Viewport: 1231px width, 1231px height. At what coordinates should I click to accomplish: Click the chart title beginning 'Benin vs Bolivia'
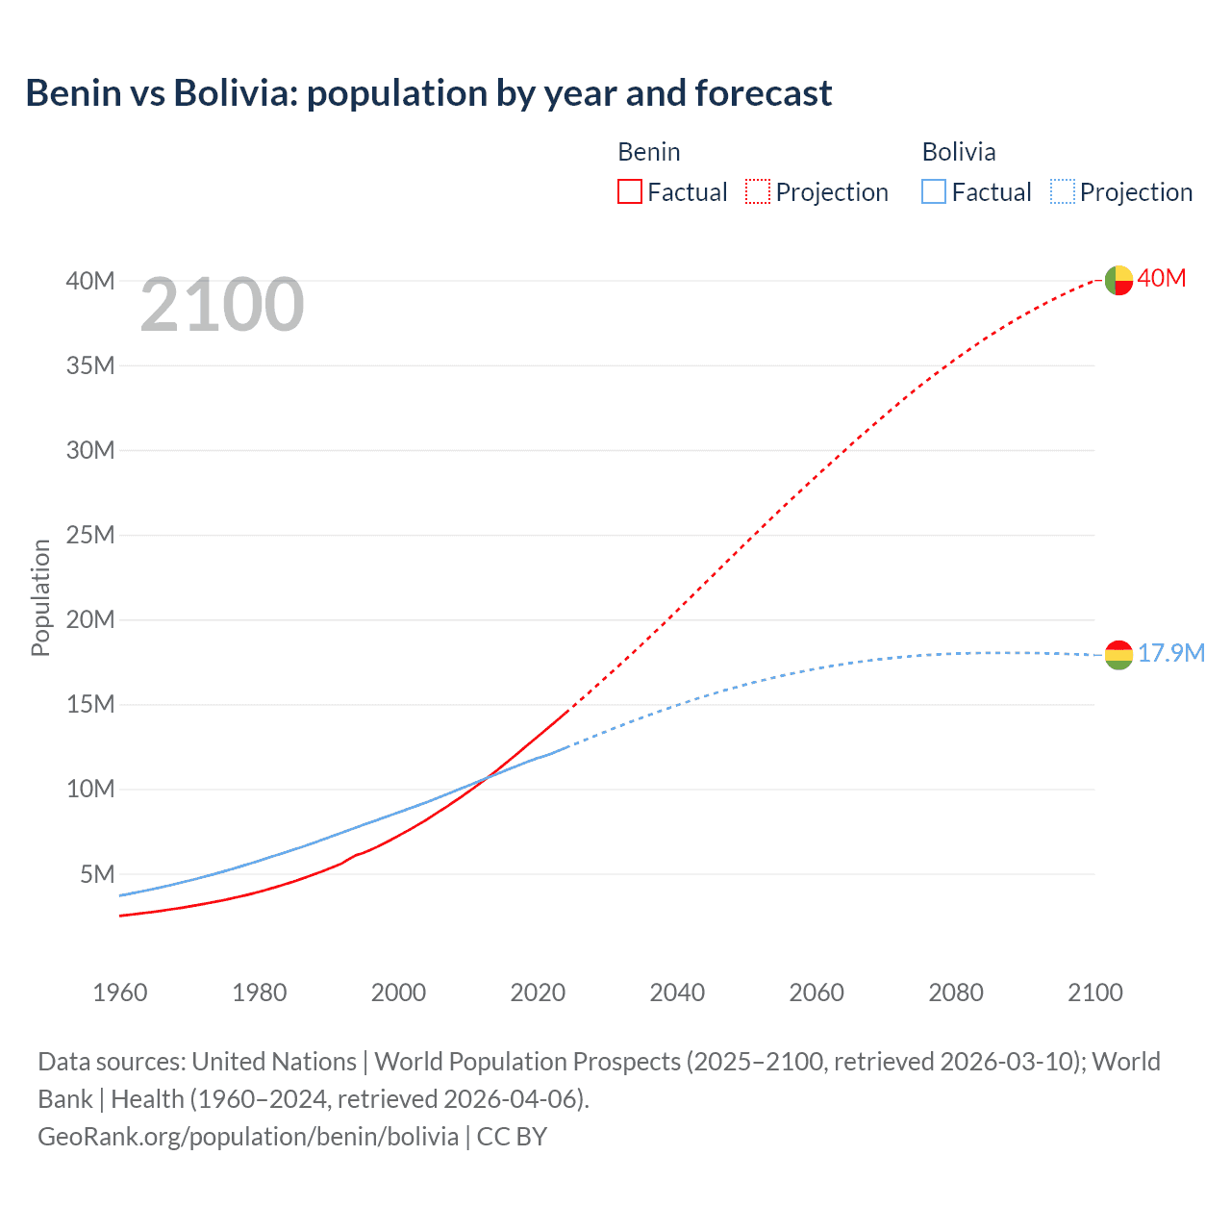pos(428,93)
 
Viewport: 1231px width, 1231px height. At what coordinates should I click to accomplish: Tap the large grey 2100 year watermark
pos(222,305)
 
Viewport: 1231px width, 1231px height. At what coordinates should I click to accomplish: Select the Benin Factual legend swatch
pos(629,191)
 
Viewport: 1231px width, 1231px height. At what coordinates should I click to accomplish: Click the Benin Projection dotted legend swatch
pos(757,191)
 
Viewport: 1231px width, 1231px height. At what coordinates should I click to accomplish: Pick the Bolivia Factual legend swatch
pos(933,191)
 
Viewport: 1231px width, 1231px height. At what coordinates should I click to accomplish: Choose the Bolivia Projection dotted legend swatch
pos(1062,191)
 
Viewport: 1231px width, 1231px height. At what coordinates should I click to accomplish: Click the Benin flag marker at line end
pos(1118,280)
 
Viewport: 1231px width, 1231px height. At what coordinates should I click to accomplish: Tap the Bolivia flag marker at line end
pos(1118,655)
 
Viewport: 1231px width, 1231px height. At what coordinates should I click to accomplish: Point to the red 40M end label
pos(1162,278)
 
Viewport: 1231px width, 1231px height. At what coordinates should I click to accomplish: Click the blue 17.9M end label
pos(1170,653)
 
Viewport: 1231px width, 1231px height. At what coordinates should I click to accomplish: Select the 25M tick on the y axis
pos(90,535)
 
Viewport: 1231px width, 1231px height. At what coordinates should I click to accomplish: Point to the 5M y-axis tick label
pos(97,874)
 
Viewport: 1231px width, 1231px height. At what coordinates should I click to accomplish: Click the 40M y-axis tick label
pos(90,281)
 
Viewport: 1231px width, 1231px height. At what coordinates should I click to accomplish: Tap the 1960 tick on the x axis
pos(120,992)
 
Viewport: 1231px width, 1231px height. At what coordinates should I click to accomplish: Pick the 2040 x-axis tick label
pos(677,992)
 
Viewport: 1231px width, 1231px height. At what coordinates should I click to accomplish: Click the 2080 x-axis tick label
pos(956,992)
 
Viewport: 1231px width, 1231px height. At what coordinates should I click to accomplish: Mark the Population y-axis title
pos(40,597)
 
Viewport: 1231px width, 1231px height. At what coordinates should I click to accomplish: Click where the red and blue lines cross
pos(488,777)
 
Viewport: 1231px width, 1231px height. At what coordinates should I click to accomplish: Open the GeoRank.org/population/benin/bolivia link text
pos(248,1137)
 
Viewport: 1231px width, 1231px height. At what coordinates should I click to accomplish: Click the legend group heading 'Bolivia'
pos(958,152)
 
